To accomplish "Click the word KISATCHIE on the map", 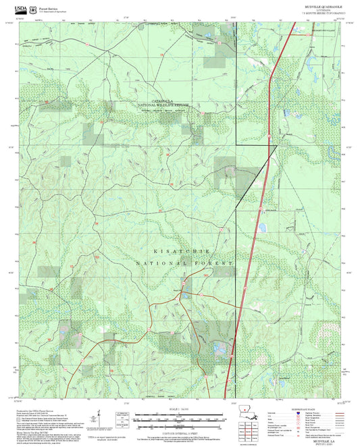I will [x=178, y=250].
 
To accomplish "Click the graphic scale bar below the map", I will [x=180, y=418].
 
